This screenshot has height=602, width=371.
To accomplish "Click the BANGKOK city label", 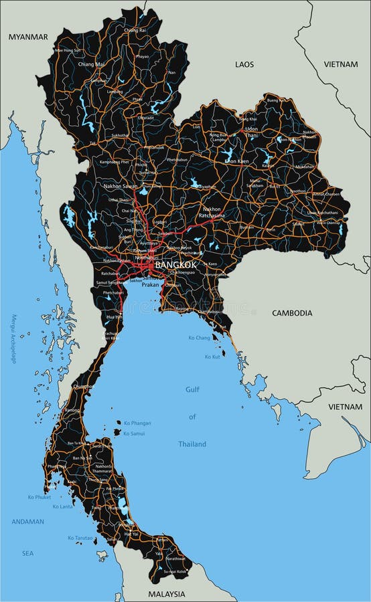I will pos(176,265).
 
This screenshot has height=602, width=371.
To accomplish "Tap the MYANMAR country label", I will pos(28,37).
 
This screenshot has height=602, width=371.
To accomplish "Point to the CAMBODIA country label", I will pos(292,312).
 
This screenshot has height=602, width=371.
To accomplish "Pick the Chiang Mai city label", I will pos(91,64).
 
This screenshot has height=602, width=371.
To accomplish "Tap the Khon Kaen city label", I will pos(236,161).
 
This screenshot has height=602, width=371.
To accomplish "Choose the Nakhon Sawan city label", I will pos(121,186).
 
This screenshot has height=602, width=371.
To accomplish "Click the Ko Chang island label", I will pos(199,338).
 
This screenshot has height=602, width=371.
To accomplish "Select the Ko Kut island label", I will pos(212,357).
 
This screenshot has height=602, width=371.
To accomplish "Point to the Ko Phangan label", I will pos(137,423).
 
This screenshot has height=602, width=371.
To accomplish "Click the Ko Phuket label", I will pos(40,497).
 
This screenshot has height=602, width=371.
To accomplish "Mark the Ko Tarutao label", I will pos(80,538).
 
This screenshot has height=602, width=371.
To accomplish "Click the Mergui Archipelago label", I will pos(13,339).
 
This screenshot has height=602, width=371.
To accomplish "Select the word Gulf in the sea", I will pos(192,389).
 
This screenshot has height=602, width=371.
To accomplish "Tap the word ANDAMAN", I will pos(27,522).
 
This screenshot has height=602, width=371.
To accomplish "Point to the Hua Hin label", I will pos(115,317).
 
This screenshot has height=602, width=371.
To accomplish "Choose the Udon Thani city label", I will pos(251,131).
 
